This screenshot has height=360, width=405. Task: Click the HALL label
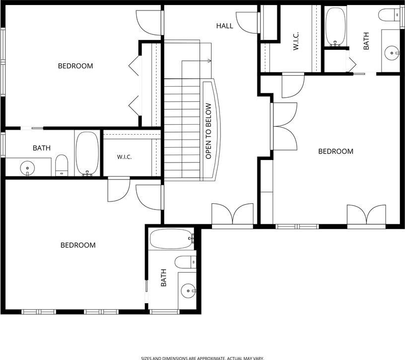point(224,26)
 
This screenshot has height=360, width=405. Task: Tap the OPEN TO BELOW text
point(208,131)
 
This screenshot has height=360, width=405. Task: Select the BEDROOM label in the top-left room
point(75,66)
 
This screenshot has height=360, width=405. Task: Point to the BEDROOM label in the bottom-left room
point(78,245)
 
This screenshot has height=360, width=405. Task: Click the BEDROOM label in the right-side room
point(336,152)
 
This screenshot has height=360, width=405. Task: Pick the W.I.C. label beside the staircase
point(124,157)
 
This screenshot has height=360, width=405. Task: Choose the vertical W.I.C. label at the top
point(296,41)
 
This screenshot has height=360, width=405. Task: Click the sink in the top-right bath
point(392,53)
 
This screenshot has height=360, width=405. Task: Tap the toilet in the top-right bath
point(389,14)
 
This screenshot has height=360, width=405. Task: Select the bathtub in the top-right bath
point(335,27)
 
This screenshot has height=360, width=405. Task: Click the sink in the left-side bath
point(27,168)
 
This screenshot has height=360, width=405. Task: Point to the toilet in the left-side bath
point(61,165)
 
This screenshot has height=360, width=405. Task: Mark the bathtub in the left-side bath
point(87,154)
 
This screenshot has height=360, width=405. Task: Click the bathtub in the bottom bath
point(172,239)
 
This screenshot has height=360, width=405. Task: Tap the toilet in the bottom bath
point(186,262)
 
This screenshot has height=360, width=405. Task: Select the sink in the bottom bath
point(189,291)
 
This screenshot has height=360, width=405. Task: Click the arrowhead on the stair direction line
point(209,61)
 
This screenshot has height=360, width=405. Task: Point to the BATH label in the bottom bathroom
point(164,278)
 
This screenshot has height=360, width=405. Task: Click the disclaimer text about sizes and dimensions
point(202,358)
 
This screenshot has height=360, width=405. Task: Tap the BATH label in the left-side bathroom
point(41,148)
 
